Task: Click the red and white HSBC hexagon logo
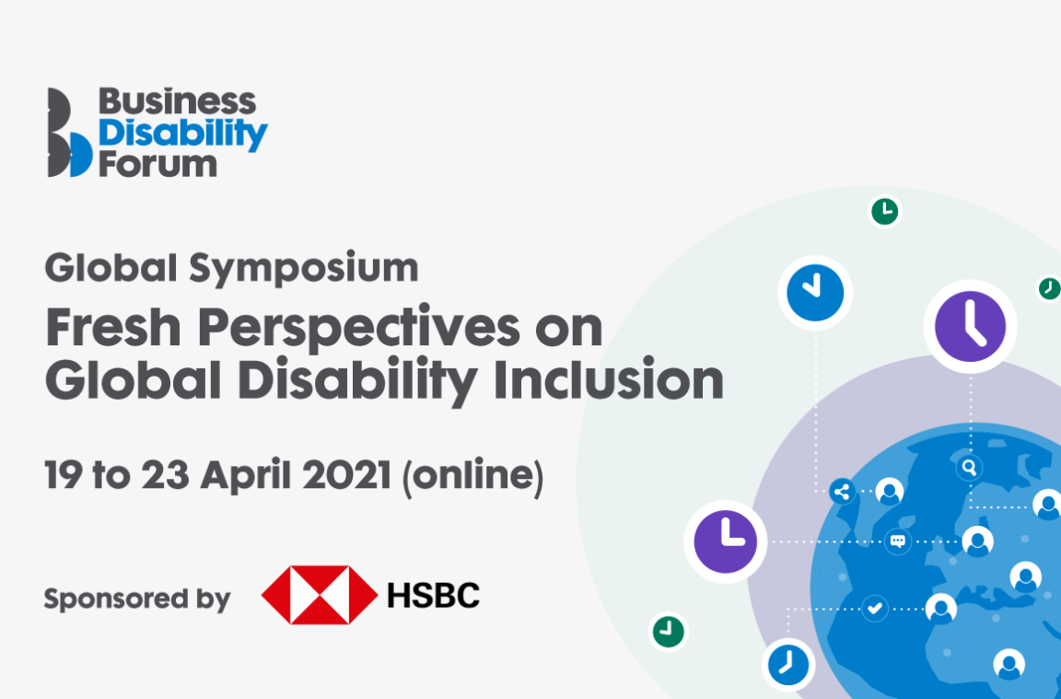tap(320, 595)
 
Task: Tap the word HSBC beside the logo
tap(434, 595)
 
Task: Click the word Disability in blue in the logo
tap(183, 134)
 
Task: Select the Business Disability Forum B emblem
tap(69, 133)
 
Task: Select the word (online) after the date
tap(472, 476)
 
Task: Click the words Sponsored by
tap(136, 600)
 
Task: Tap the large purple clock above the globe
tap(970, 326)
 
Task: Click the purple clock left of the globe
tap(725, 542)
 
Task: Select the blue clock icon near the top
tap(815, 293)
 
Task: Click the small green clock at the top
tap(884, 211)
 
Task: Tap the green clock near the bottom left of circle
tap(669, 632)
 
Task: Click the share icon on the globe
tap(841, 491)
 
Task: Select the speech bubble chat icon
tap(897, 541)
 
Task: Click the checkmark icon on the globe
tap(875, 608)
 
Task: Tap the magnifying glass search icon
tap(969, 467)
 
